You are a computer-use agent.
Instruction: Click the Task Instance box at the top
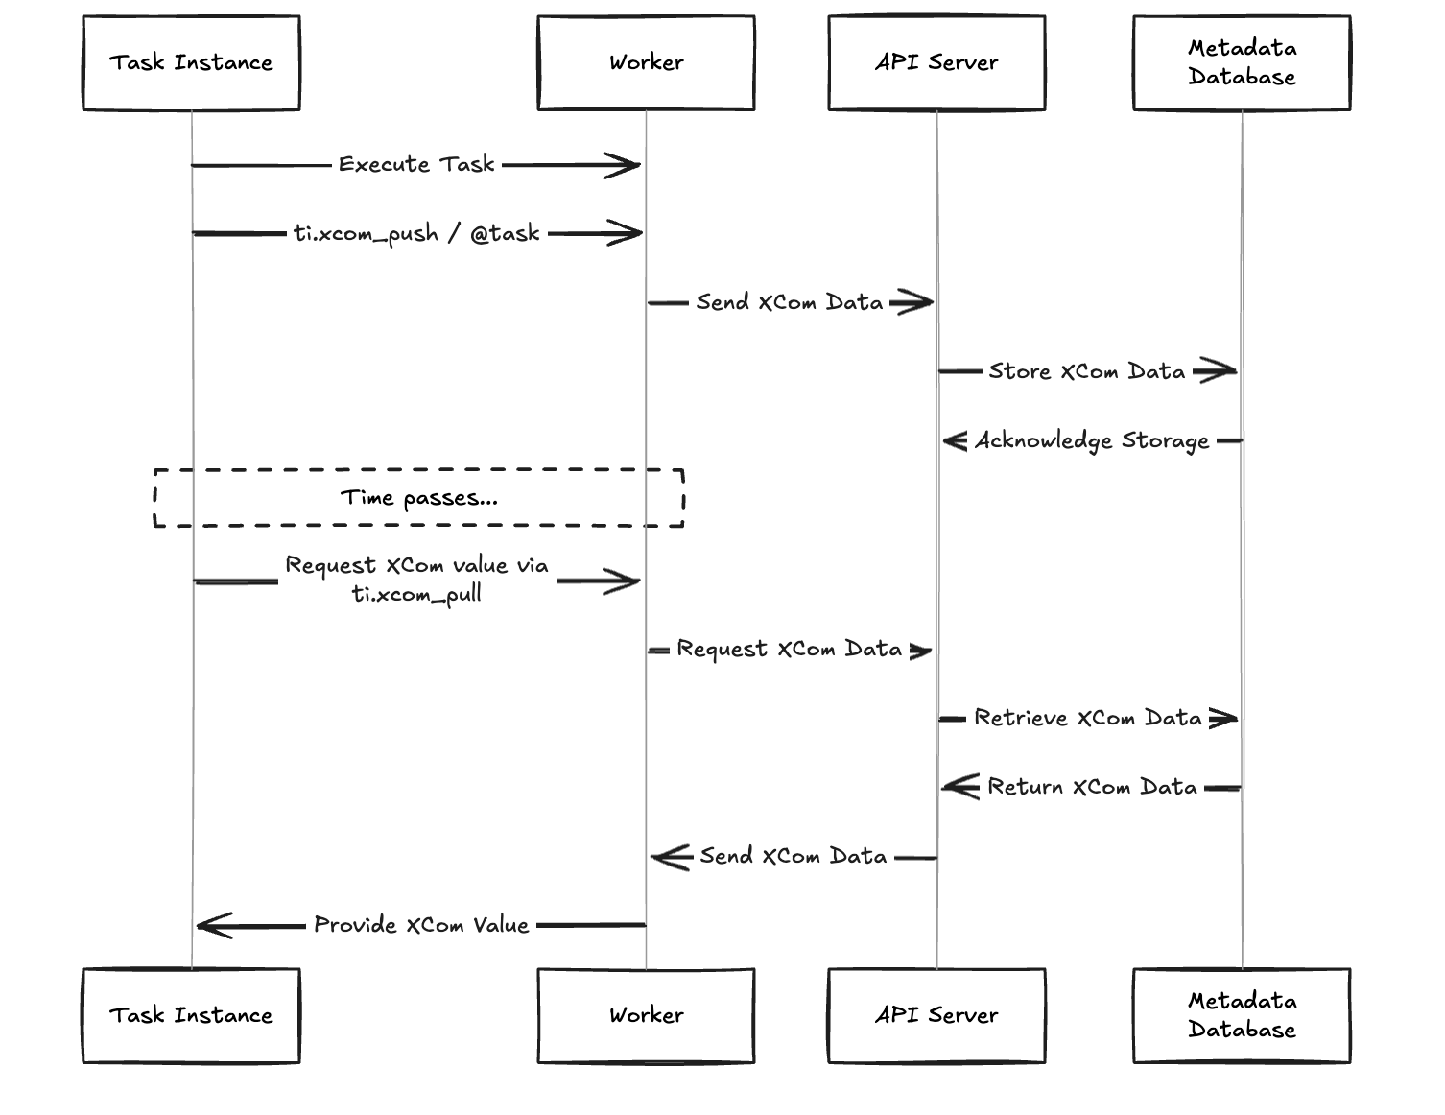click(x=191, y=63)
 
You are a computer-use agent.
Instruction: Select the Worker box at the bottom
click(x=646, y=1015)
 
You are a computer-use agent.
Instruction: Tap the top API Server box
click(x=936, y=63)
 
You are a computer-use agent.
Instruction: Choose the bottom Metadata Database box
click(x=1242, y=1015)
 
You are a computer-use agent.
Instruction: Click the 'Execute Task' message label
click(x=416, y=165)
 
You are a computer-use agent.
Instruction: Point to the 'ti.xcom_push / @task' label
click(x=416, y=234)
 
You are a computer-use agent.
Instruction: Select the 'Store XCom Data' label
click(x=1086, y=371)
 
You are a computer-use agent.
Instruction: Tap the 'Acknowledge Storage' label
click(x=1092, y=441)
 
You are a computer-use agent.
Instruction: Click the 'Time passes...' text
click(x=419, y=498)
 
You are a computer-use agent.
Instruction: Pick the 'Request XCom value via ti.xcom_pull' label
click(x=416, y=580)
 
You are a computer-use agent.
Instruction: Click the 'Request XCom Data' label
click(x=789, y=650)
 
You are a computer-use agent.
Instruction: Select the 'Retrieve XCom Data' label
click(x=1087, y=719)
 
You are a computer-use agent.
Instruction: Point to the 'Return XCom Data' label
click(x=1092, y=788)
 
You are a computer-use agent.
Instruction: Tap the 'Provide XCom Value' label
click(x=421, y=926)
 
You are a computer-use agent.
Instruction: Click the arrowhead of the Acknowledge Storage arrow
click(x=954, y=441)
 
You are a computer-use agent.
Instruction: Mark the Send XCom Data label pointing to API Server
click(x=789, y=303)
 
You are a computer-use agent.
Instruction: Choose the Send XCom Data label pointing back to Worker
click(x=793, y=857)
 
